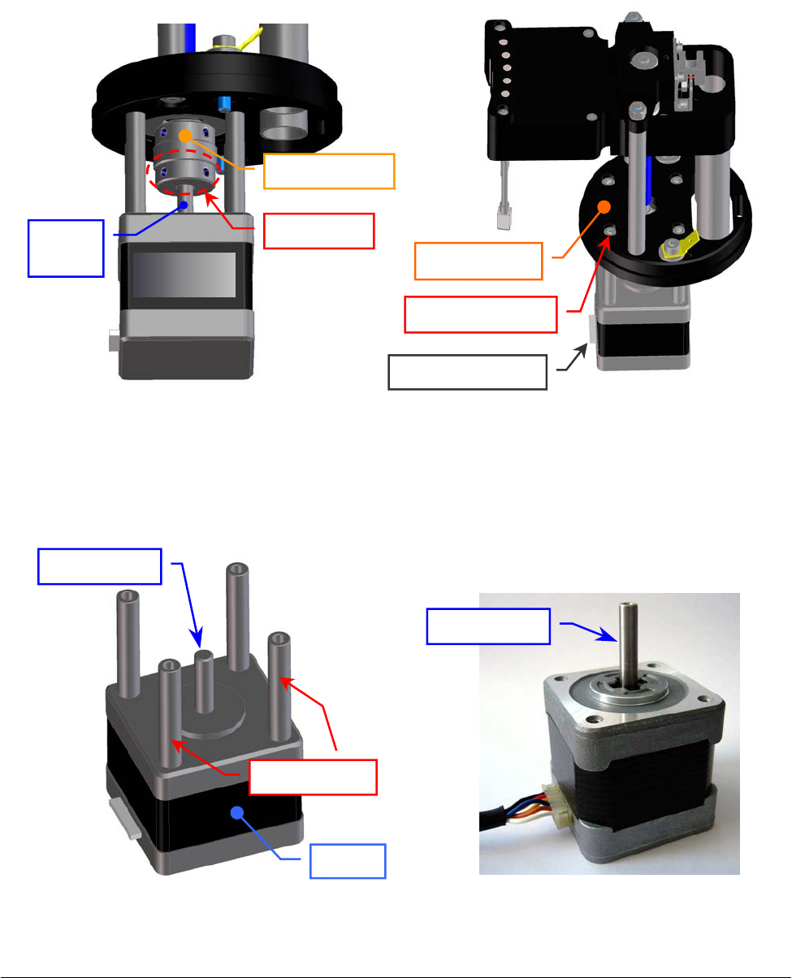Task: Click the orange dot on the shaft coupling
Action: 186,134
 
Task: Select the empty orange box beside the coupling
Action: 329,171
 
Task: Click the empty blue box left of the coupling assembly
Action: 67,247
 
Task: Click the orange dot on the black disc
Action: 604,206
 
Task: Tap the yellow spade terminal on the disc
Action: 679,242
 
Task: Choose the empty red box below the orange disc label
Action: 481,314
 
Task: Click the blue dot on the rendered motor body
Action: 237,811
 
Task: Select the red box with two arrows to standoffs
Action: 313,777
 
